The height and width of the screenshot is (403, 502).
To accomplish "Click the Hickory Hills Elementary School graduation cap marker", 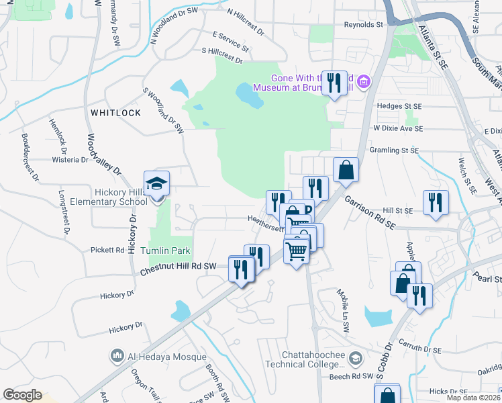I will (156, 184).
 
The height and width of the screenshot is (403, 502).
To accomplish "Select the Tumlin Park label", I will (170, 251).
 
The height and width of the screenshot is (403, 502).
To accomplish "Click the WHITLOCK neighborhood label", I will (116, 113).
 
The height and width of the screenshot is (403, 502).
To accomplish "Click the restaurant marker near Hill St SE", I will (436, 203).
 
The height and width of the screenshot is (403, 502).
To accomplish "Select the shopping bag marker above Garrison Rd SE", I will (346, 170).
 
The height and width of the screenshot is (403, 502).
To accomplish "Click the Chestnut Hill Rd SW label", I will (179, 267).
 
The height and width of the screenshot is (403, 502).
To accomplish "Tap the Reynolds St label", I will (362, 24).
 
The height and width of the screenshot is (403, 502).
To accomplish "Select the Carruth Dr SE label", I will (417, 350).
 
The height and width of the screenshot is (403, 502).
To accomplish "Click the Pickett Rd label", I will (107, 250).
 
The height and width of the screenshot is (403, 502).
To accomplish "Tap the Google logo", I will (22, 394).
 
